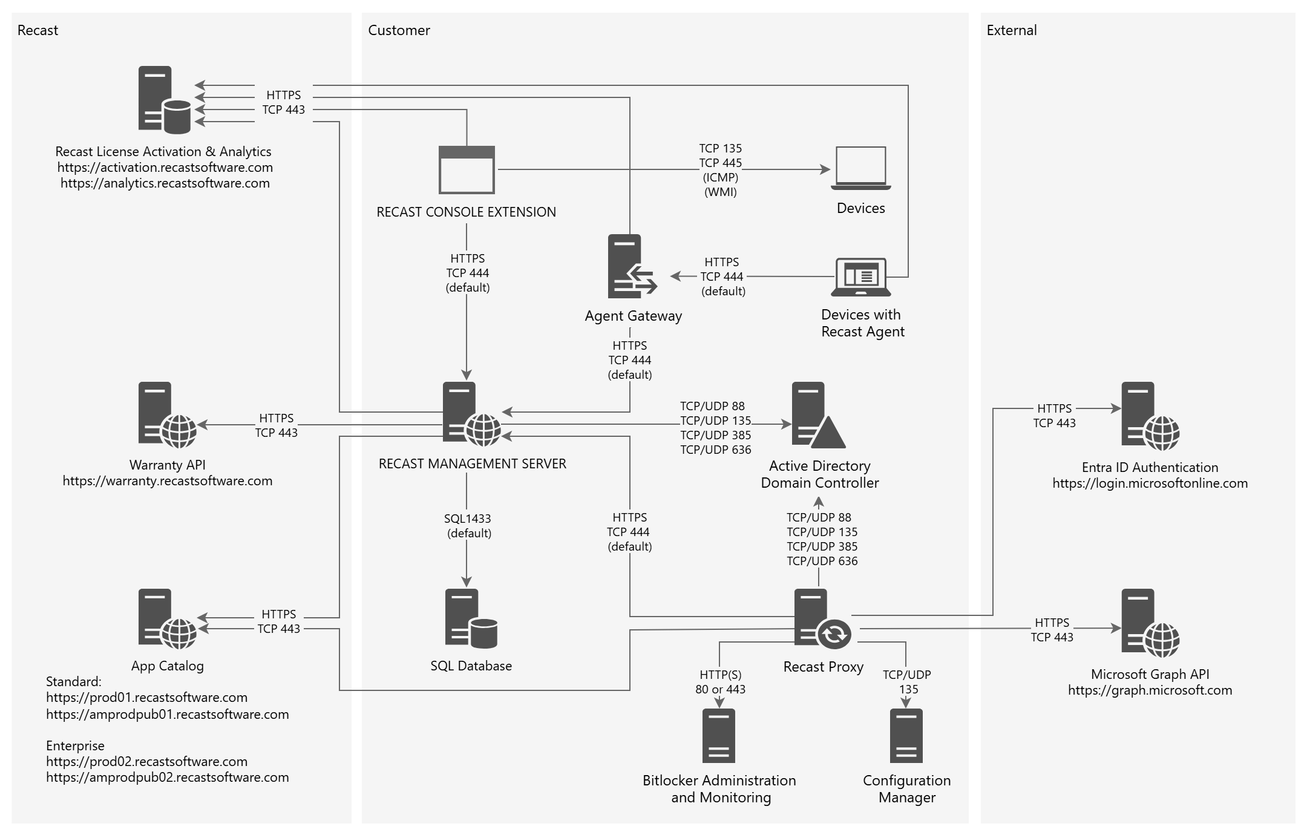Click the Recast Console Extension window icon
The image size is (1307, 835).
pos(467,169)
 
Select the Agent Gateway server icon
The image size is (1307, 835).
pos(631,266)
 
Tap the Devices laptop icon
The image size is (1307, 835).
pos(860,168)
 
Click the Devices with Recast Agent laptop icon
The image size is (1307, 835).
pos(860,277)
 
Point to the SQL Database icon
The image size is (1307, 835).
pos(471,618)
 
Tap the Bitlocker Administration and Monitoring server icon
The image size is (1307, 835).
pos(719,736)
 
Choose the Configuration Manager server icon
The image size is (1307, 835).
pos(906,736)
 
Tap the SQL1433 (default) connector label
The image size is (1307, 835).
pos(468,526)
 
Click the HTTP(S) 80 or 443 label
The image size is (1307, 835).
pos(720,682)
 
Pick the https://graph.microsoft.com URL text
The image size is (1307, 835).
pos(1150,690)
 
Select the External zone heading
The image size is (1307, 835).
pos(1011,30)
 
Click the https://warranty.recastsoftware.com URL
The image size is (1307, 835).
pos(168,481)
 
